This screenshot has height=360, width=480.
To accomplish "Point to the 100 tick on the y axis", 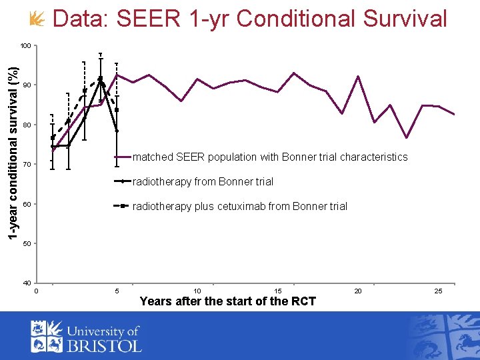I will (x=25, y=46).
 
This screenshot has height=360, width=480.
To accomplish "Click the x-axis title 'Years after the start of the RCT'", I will (x=227, y=301).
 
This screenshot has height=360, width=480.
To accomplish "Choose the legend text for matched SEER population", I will (x=270, y=157).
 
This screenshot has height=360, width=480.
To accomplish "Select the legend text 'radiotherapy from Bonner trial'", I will (x=203, y=181).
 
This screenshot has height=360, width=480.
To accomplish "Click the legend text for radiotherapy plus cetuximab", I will (x=240, y=207).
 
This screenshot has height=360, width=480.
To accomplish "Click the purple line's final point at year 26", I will (x=455, y=115).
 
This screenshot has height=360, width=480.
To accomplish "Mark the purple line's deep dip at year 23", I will (x=407, y=138).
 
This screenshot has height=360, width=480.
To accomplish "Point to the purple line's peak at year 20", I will (x=359, y=76).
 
